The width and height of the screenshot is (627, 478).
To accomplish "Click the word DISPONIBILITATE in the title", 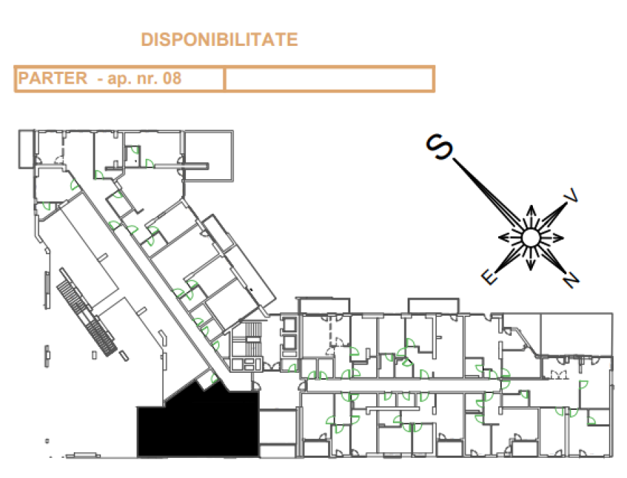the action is pyautogui.click(x=219, y=40).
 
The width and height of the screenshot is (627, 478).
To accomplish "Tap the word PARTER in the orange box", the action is pyautogui.click(x=52, y=78).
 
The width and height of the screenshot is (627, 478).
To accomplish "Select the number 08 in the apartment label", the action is pyautogui.click(x=172, y=79).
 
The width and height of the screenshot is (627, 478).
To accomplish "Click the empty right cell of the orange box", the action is pyautogui.click(x=329, y=79).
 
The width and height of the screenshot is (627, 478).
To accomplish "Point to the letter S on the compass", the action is pyautogui.click(x=439, y=147).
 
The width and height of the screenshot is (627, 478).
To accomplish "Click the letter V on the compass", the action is pyautogui.click(x=571, y=195).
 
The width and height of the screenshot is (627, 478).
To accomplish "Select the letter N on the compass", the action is pyautogui.click(x=571, y=279).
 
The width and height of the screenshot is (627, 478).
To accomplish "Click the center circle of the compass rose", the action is pyautogui.click(x=531, y=238).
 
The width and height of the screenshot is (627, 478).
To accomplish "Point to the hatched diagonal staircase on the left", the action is pyautogui.click(x=86, y=313).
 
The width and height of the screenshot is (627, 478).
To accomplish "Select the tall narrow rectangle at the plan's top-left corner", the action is pyautogui.click(x=26, y=149).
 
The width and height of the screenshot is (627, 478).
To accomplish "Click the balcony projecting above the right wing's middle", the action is pyautogui.click(x=433, y=306).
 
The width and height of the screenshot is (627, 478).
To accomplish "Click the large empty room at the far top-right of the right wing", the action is pyautogui.click(x=576, y=334).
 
